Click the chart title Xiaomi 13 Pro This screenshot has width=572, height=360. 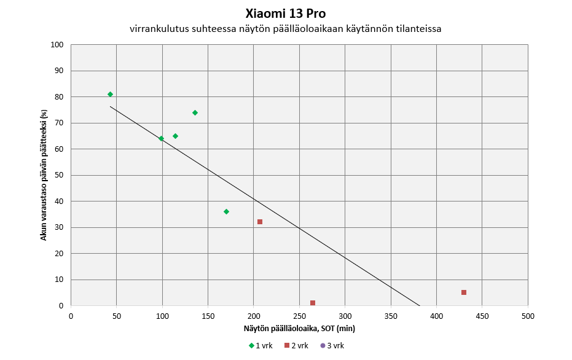[285, 14]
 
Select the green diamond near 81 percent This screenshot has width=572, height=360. [110, 94]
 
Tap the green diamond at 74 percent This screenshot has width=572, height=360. [195, 112]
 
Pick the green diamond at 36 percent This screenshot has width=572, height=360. [226, 211]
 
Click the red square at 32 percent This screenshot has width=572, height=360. [260, 222]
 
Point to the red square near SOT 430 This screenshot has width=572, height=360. [464, 292]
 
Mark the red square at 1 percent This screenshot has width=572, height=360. [313, 303]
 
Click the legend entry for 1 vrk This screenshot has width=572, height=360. [261, 345]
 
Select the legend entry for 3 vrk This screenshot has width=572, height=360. [332, 345]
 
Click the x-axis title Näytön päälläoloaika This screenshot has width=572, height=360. [299, 329]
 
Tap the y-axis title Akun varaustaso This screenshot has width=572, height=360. [44, 175]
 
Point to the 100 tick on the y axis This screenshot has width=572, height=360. [58, 45]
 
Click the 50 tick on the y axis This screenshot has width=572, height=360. [60, 175]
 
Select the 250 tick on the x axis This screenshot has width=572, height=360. [299, 316]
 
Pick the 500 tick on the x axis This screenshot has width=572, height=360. [528, 316]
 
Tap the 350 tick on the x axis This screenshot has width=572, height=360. [391, 316]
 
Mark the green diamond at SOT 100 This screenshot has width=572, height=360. [161, 138]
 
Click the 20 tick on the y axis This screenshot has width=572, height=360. [60, 254]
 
